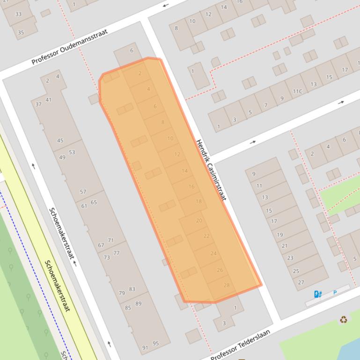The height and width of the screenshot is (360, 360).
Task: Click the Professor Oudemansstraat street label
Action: tap(70, 47)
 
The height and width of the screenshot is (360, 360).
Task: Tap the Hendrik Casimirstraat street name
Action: tap(211, 170)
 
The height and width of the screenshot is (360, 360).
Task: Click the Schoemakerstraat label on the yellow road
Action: tap(57, 286)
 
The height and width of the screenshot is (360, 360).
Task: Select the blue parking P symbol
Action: tap(335, 293)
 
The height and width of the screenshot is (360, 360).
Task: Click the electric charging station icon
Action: tap(318, 294)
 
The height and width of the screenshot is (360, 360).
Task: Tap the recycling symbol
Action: tap(344, 320)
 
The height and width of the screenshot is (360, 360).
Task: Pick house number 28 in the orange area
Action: tap(227, 285)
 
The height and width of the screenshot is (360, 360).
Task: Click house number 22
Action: tap(206, 236)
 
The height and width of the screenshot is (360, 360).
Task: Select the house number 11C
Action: tap(298, 91)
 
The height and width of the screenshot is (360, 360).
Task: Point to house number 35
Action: tap(21, 32)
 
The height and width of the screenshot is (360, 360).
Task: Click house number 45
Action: tap(60, 140)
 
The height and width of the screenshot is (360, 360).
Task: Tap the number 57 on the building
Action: tap(83, 192)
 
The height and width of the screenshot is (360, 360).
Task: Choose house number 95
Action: tap(155, 343)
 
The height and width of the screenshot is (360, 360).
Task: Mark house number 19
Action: tap(279, 235)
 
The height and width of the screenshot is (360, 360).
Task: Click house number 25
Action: tap(295, 271)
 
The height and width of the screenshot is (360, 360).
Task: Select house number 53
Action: tap(72, 152)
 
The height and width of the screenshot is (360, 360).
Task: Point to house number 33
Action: tap(18, 14)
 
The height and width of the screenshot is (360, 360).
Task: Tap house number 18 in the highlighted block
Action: tap(198, 202)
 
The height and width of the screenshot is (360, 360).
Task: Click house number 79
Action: tap(122, 293)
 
